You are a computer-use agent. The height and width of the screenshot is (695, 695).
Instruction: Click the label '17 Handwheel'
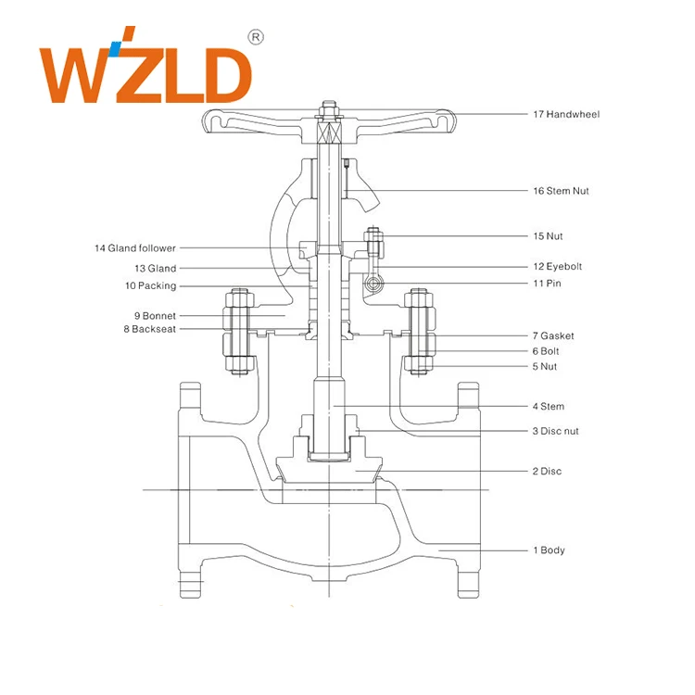(x=565, y=115)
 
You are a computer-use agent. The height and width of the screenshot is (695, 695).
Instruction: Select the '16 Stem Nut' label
(x=560, y=191)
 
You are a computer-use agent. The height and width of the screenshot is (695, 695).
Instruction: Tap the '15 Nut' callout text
(x=547, y=236)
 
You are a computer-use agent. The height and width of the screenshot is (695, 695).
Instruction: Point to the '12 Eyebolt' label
(x=557, y=267)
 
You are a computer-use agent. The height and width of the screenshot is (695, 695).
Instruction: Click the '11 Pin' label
(x=547, y=283)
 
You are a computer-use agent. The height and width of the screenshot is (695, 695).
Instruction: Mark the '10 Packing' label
(x=150, y=286)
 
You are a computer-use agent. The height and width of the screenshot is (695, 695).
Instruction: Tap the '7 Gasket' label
(x=554, y=335)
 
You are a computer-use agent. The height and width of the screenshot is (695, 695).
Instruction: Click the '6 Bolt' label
(x=546, y=351)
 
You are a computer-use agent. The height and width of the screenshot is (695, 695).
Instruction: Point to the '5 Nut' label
(x=545, y=367)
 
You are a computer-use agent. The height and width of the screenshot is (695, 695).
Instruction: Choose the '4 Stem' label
(x=548, y=407)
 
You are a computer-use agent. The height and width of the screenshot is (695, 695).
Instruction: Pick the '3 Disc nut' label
(x=556, y=431)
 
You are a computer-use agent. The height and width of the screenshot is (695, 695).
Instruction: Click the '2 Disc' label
(x=547, y=472)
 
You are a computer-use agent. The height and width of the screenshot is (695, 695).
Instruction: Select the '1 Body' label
(x=548, y=550)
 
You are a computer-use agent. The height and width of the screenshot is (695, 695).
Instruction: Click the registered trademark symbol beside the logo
(x=257, y=37)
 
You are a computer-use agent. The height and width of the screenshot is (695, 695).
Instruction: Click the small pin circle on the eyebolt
(x=373, y=283)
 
